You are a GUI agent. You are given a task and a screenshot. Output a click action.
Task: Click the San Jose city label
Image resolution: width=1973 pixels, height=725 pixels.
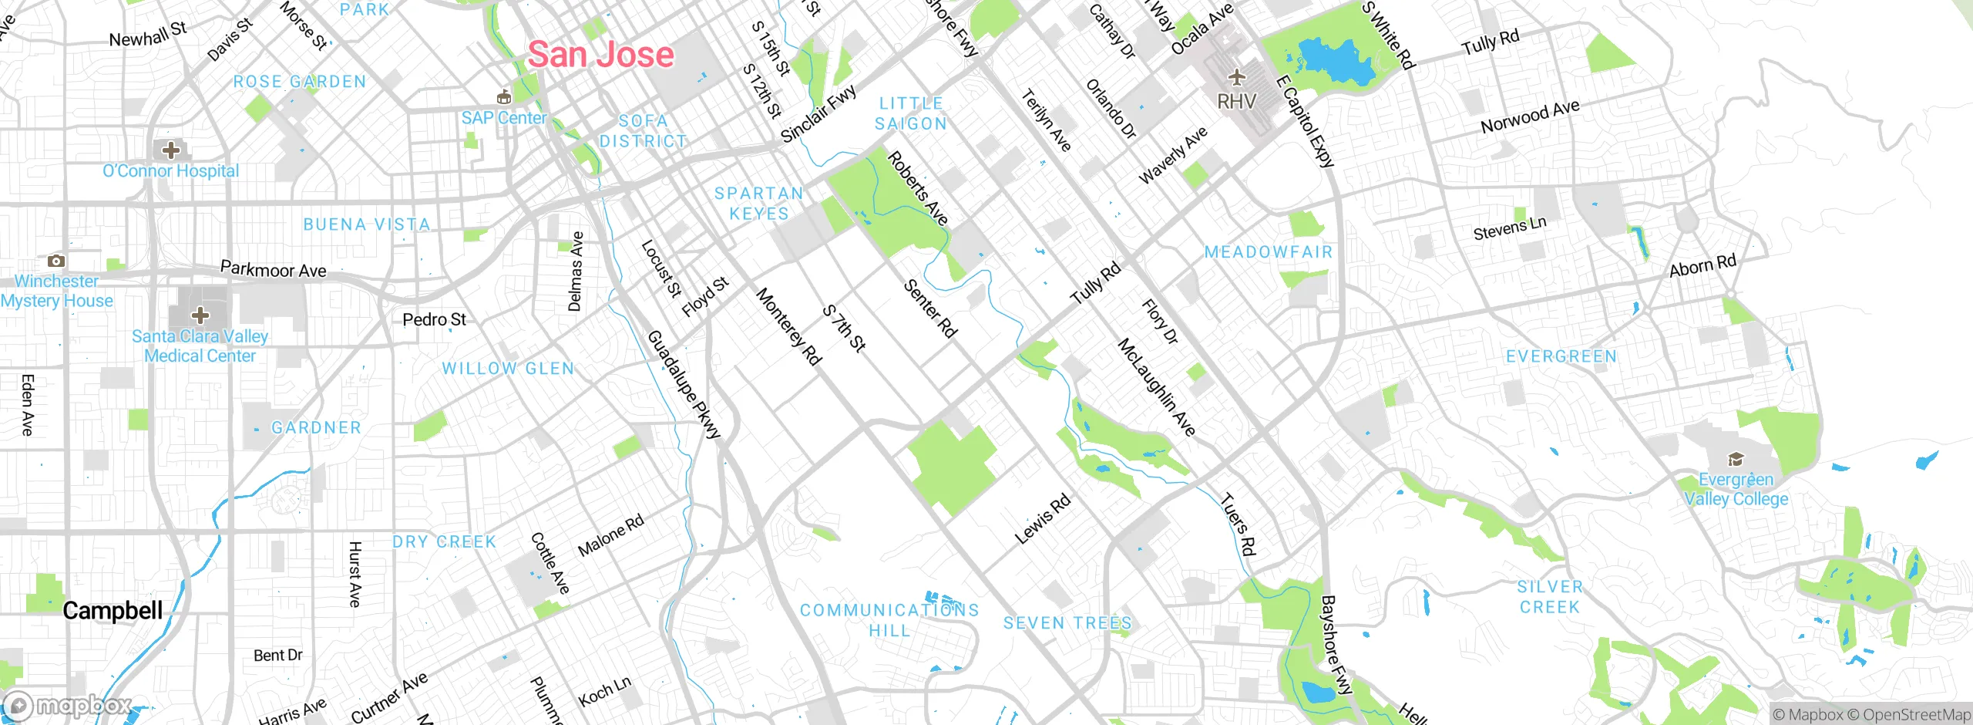coord(600,55)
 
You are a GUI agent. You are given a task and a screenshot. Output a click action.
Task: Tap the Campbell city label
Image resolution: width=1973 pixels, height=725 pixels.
coord(113,611)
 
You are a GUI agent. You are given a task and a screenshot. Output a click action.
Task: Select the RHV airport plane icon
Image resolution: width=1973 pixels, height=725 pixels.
coord(1236,77)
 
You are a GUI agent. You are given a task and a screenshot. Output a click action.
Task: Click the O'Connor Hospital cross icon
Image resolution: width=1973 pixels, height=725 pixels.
coord(170,150)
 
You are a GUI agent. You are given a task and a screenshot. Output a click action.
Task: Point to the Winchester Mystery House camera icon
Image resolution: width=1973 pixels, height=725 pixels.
coord(55,261)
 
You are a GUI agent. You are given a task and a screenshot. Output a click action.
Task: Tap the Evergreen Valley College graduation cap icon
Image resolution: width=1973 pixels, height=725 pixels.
coord(1735,460)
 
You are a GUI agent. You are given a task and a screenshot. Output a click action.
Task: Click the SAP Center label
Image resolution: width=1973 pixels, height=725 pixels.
coord(503,118)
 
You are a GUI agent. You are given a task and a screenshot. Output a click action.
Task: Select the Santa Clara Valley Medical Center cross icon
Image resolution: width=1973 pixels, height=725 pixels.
coord(200,315)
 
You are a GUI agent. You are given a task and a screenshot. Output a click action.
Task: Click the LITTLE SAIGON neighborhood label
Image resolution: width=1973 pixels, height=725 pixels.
coord(911,113)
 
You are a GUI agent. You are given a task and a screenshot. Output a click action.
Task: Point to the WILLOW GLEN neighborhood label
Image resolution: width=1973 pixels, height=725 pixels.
coord(508,369)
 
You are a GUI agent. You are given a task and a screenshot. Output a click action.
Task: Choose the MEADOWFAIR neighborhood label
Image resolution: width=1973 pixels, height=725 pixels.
coord(1268,252)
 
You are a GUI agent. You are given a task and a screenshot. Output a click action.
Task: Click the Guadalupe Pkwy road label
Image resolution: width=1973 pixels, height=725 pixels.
coord(684,384)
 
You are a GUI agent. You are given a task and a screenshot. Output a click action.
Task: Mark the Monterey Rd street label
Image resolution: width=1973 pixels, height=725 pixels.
coord(788,325)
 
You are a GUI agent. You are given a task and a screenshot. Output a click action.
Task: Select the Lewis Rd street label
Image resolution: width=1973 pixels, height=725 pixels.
coord(1042,519)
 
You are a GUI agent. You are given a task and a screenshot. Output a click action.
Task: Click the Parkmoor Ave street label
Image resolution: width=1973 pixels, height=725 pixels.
coord(273,270)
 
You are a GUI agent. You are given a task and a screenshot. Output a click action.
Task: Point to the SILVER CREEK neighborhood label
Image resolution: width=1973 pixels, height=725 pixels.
coord(1549,597)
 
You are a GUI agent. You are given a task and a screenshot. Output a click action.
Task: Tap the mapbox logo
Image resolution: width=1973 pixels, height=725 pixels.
coord(68,706)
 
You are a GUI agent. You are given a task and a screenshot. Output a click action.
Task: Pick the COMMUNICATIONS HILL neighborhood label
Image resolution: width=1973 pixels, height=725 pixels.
coord(889,620)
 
